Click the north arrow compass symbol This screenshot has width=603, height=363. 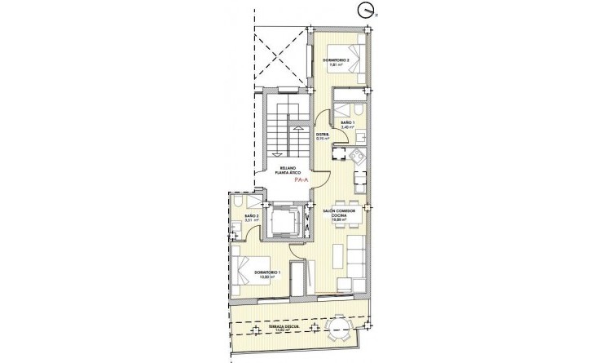(x=366, y=11)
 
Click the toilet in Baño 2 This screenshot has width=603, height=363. (x=236, y=202)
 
